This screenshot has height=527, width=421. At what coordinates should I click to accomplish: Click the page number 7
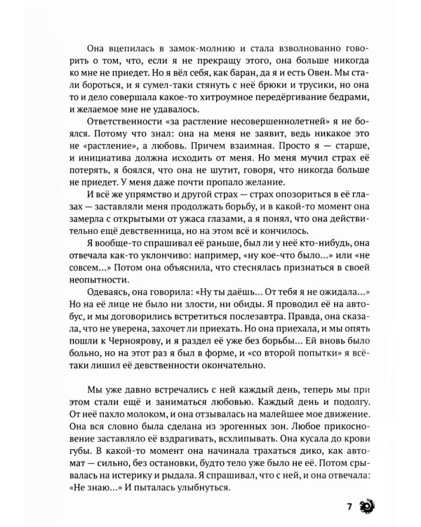point(349,506)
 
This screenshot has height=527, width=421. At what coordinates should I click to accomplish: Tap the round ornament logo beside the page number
point(367,506)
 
